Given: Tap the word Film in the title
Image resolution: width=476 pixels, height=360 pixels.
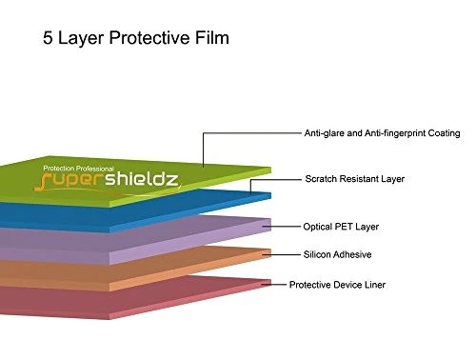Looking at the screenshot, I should (210, 40).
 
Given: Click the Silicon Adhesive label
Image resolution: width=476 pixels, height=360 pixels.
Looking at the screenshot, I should (338, 254).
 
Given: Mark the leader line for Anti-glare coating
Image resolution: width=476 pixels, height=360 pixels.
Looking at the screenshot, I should (252, 133).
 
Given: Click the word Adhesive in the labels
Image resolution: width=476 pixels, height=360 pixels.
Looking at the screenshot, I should (353, 254).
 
